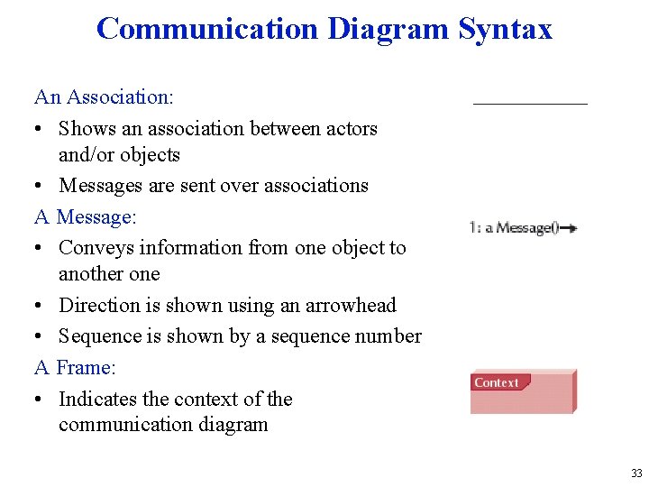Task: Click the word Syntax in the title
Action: point(505,29)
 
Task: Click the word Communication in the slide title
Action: point(208,29)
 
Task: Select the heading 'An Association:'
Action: point(105,96)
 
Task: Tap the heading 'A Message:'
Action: point(86,216)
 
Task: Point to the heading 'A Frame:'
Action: point(76,367)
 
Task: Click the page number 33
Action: point(636,473)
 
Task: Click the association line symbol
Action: point(530,104)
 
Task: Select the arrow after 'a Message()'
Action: point(570,228)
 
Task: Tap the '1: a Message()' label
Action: point(514,228)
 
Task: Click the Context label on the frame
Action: point(496,382)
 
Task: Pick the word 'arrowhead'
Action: point(352,305)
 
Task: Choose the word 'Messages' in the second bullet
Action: point(101,185)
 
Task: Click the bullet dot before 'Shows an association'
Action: point(40,129)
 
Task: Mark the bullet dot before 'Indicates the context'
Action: point(40,400)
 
